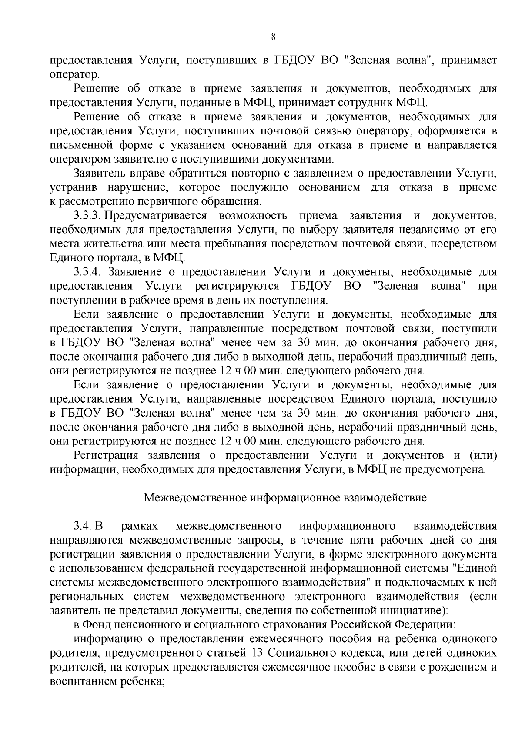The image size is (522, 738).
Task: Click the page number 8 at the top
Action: [x=273, y=37]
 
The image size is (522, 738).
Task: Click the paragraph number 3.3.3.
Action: [x=87, y=216]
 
